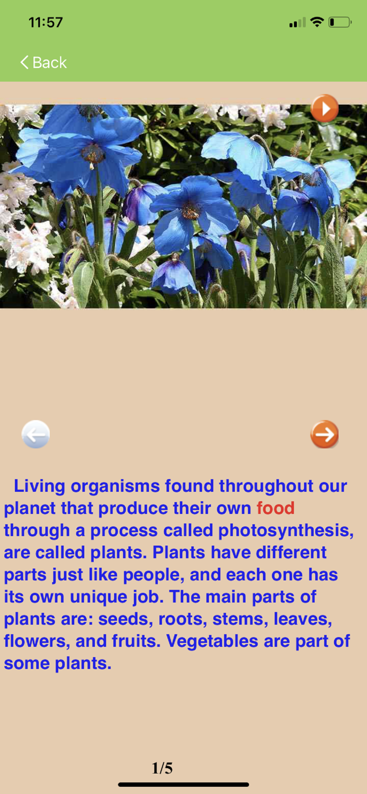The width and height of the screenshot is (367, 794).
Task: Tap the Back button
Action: tap(43, 62)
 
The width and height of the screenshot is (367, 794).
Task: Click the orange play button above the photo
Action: tap(324, 109)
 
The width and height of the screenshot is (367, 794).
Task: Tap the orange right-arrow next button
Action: tap(324, 435)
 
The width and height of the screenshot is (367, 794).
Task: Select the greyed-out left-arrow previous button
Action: tap(35, 435)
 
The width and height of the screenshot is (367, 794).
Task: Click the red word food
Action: tap(275, 508)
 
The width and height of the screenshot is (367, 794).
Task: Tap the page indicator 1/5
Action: tap(162, 768)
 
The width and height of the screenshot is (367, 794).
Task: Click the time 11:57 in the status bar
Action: tap(46, 22)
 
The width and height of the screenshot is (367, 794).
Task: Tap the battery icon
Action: tap(339, 22)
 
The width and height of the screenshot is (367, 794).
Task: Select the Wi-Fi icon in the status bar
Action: tap(317, 22)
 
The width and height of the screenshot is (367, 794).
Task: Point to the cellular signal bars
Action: tap(297, 23)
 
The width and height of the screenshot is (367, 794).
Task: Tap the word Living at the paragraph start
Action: tap(39, 486)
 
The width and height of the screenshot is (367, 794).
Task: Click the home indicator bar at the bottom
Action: tap(183, 784)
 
